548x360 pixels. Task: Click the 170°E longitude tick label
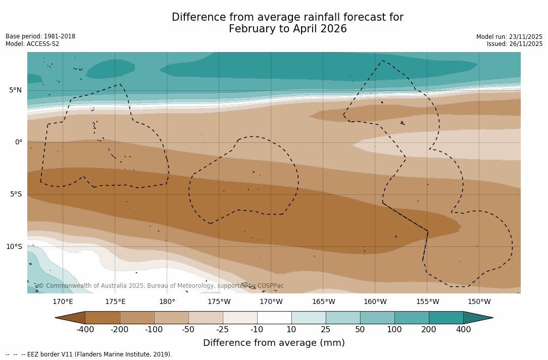(63, 302)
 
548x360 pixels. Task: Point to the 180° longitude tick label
(167, 302)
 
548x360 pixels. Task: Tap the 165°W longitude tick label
(323, 302)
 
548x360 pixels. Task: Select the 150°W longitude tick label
(479, 302)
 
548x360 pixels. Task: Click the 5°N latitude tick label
(16, 90)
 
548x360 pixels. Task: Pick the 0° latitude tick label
(19, 142)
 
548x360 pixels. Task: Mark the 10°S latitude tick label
(14, 247)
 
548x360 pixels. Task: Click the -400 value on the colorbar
(85, 330)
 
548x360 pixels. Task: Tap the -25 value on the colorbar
(223, 330)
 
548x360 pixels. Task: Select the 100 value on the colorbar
(394, 330)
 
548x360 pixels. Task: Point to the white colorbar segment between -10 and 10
(274, 318)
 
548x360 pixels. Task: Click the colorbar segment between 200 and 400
(446, 318)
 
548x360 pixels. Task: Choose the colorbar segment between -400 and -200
(103, 318)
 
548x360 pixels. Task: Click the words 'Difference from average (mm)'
(274, 343)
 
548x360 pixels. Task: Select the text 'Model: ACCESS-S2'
(32, 44)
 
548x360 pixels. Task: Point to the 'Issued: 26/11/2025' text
(515, 44)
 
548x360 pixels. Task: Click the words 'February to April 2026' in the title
(287, 29)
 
